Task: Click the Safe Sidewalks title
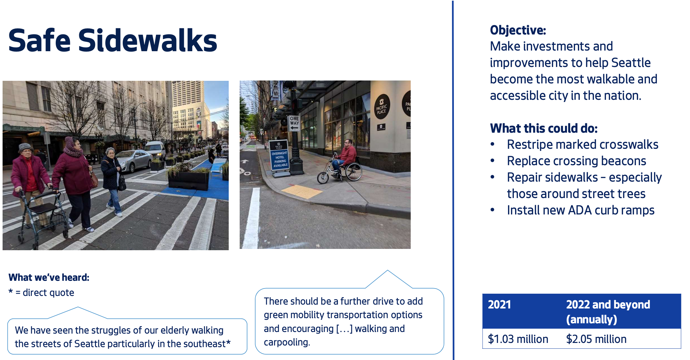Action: [112, 41]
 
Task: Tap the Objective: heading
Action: [518, 30]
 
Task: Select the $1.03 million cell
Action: [518, 339]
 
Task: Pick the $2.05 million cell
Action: [596, 339]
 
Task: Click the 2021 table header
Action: [499, 305]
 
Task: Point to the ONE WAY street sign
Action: [294, 123]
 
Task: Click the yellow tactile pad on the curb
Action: [301, 192]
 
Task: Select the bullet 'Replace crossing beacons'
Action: [576, 161]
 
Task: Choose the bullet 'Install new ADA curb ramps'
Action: [580, 210]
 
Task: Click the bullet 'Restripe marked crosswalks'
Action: [582, 145]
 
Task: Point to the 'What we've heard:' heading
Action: [49, 278]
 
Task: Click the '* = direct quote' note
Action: [42, 292]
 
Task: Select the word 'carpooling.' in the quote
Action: [287, 342]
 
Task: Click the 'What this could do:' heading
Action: [543, 128]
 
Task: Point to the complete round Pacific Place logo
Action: [382, 107]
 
